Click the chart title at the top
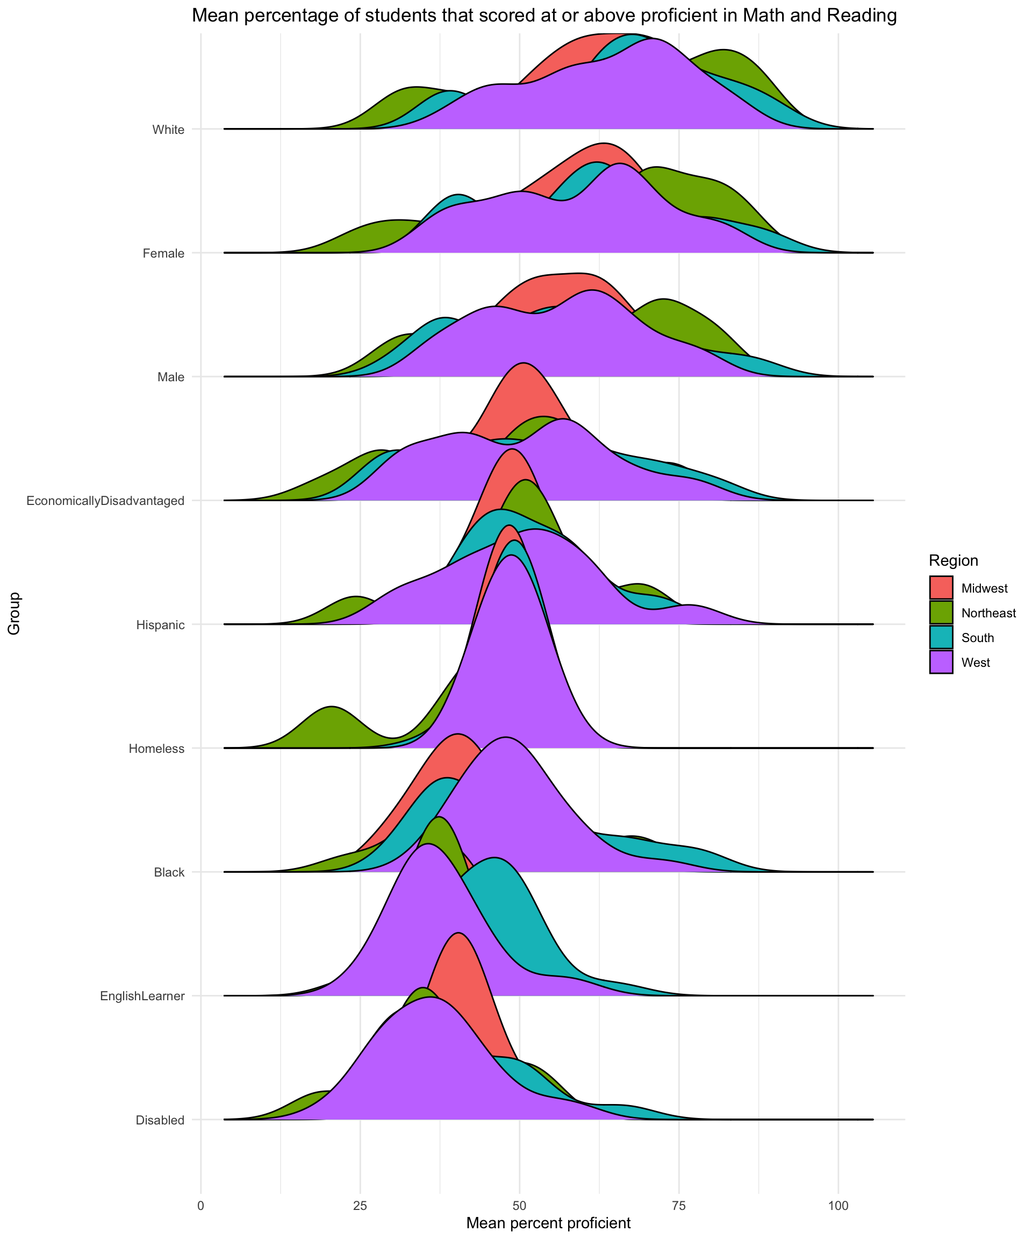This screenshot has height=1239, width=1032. click(x=544, y=16)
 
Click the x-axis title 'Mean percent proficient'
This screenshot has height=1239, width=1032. click(x=548, y=1222)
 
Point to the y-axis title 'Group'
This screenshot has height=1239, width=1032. click(x=14, y=614)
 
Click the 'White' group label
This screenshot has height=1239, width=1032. click(x=169, y=129)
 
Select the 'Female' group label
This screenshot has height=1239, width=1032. click(x=164, y=253)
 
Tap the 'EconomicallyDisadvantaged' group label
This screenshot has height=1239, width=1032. click(x=105, y=501)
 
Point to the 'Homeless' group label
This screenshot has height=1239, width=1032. click(x=157, y=749)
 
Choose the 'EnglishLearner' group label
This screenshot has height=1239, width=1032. click(x=143, y=996)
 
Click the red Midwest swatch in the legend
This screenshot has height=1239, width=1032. click(x=941, y=588)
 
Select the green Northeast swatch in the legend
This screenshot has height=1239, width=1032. click(x=941, y=613)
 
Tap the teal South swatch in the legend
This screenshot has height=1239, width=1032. click(x=941, y=638)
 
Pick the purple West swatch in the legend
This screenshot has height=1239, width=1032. click(x=941, y=663)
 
